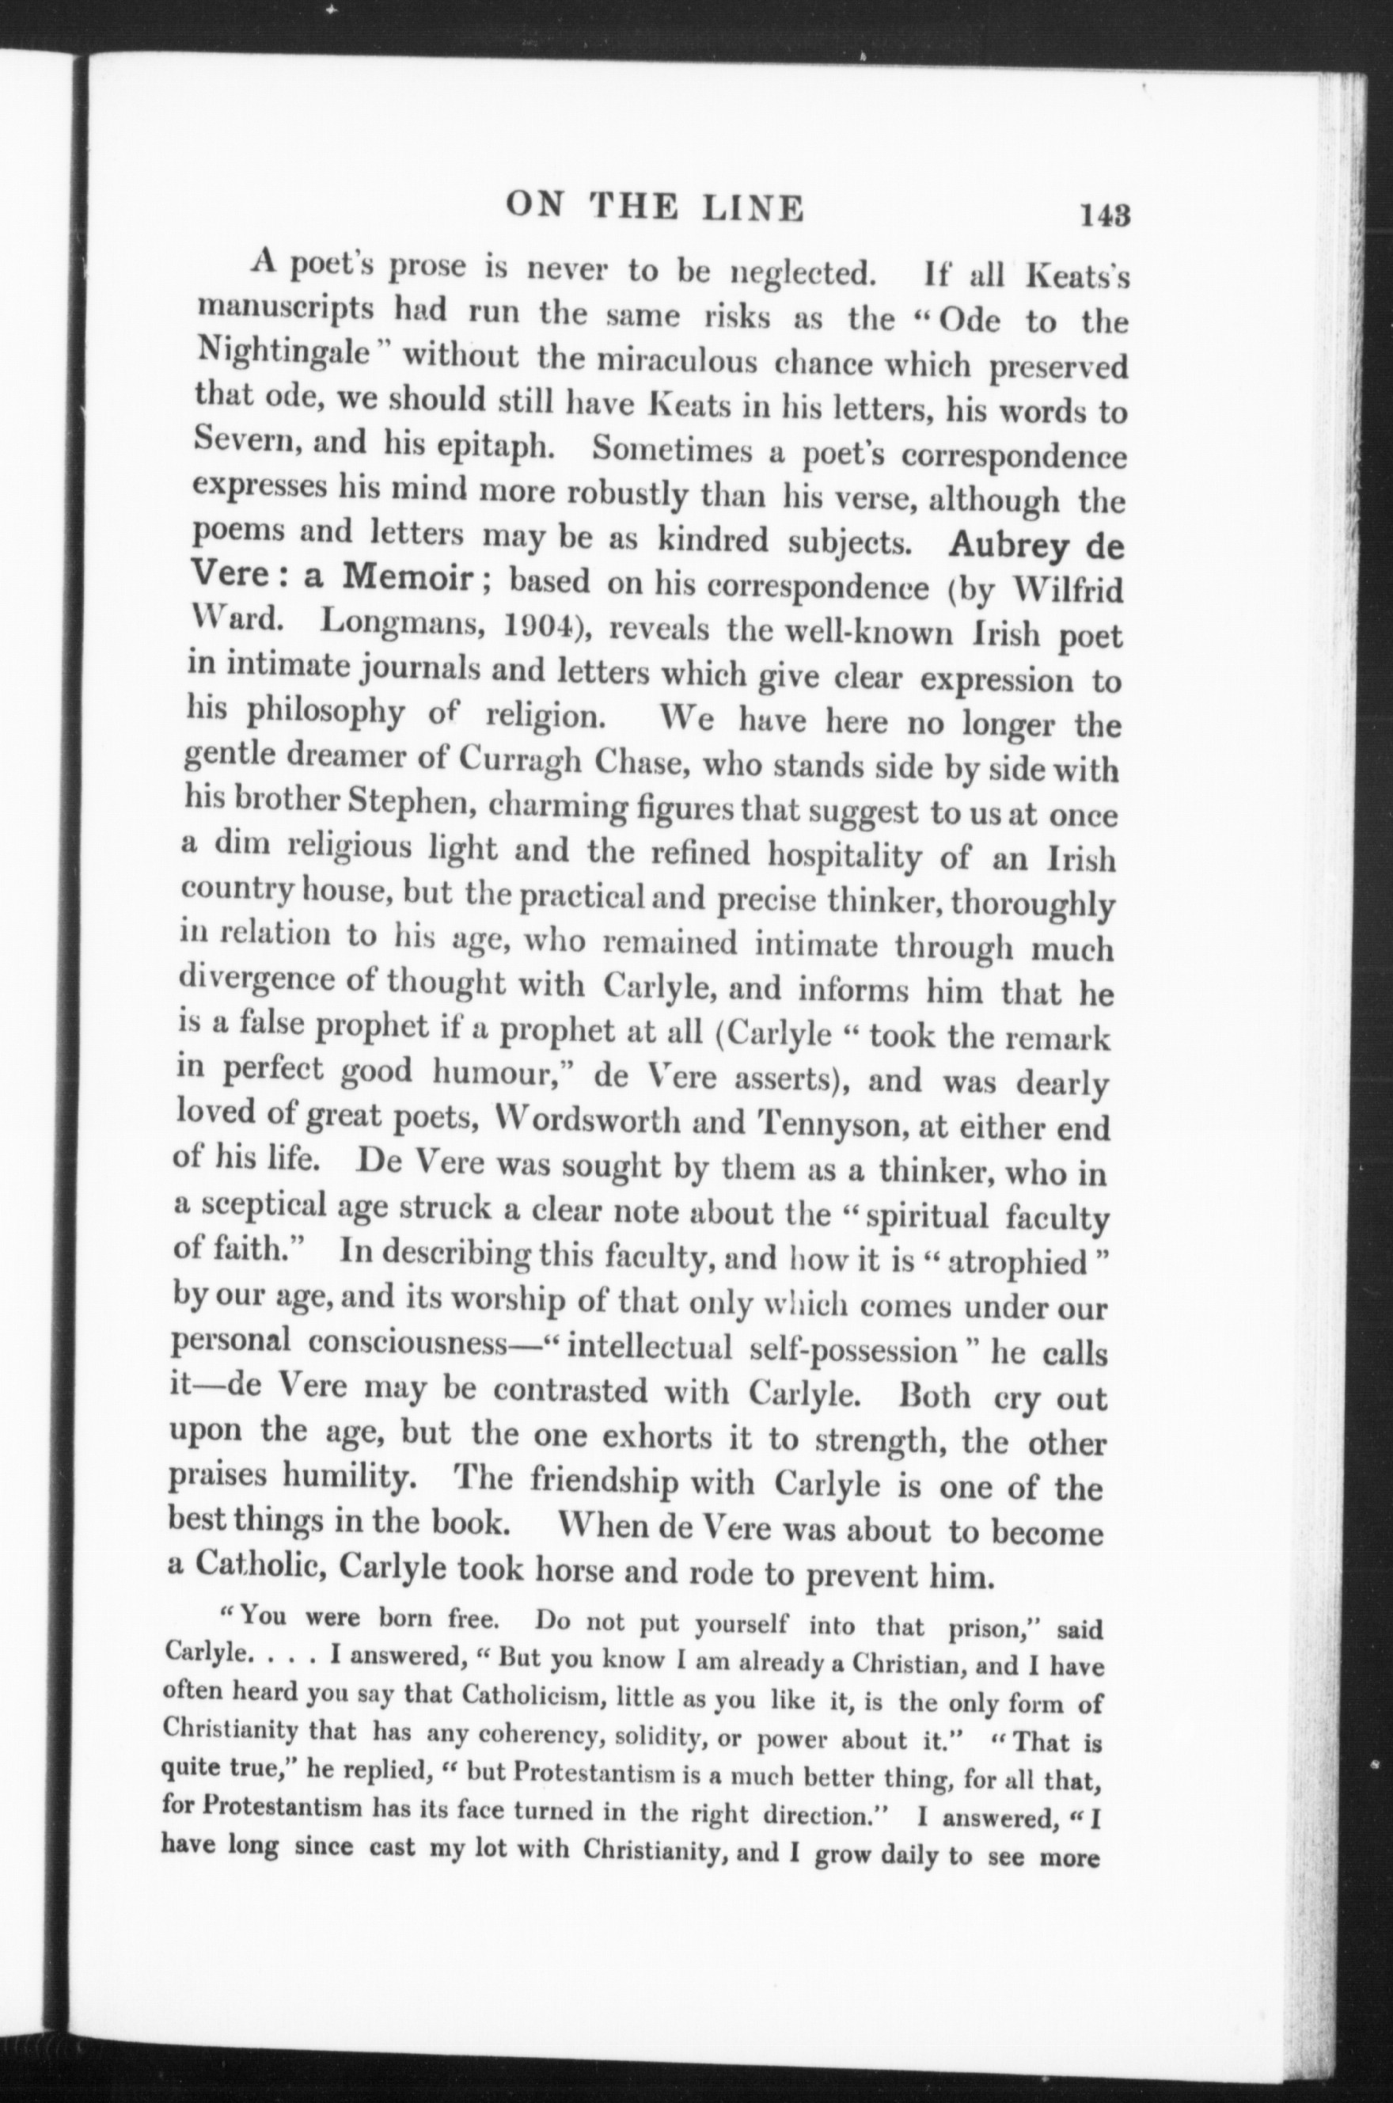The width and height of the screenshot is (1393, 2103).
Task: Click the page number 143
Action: tap(1104, 216)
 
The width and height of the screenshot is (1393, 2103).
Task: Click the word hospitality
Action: tap(844, 856)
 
